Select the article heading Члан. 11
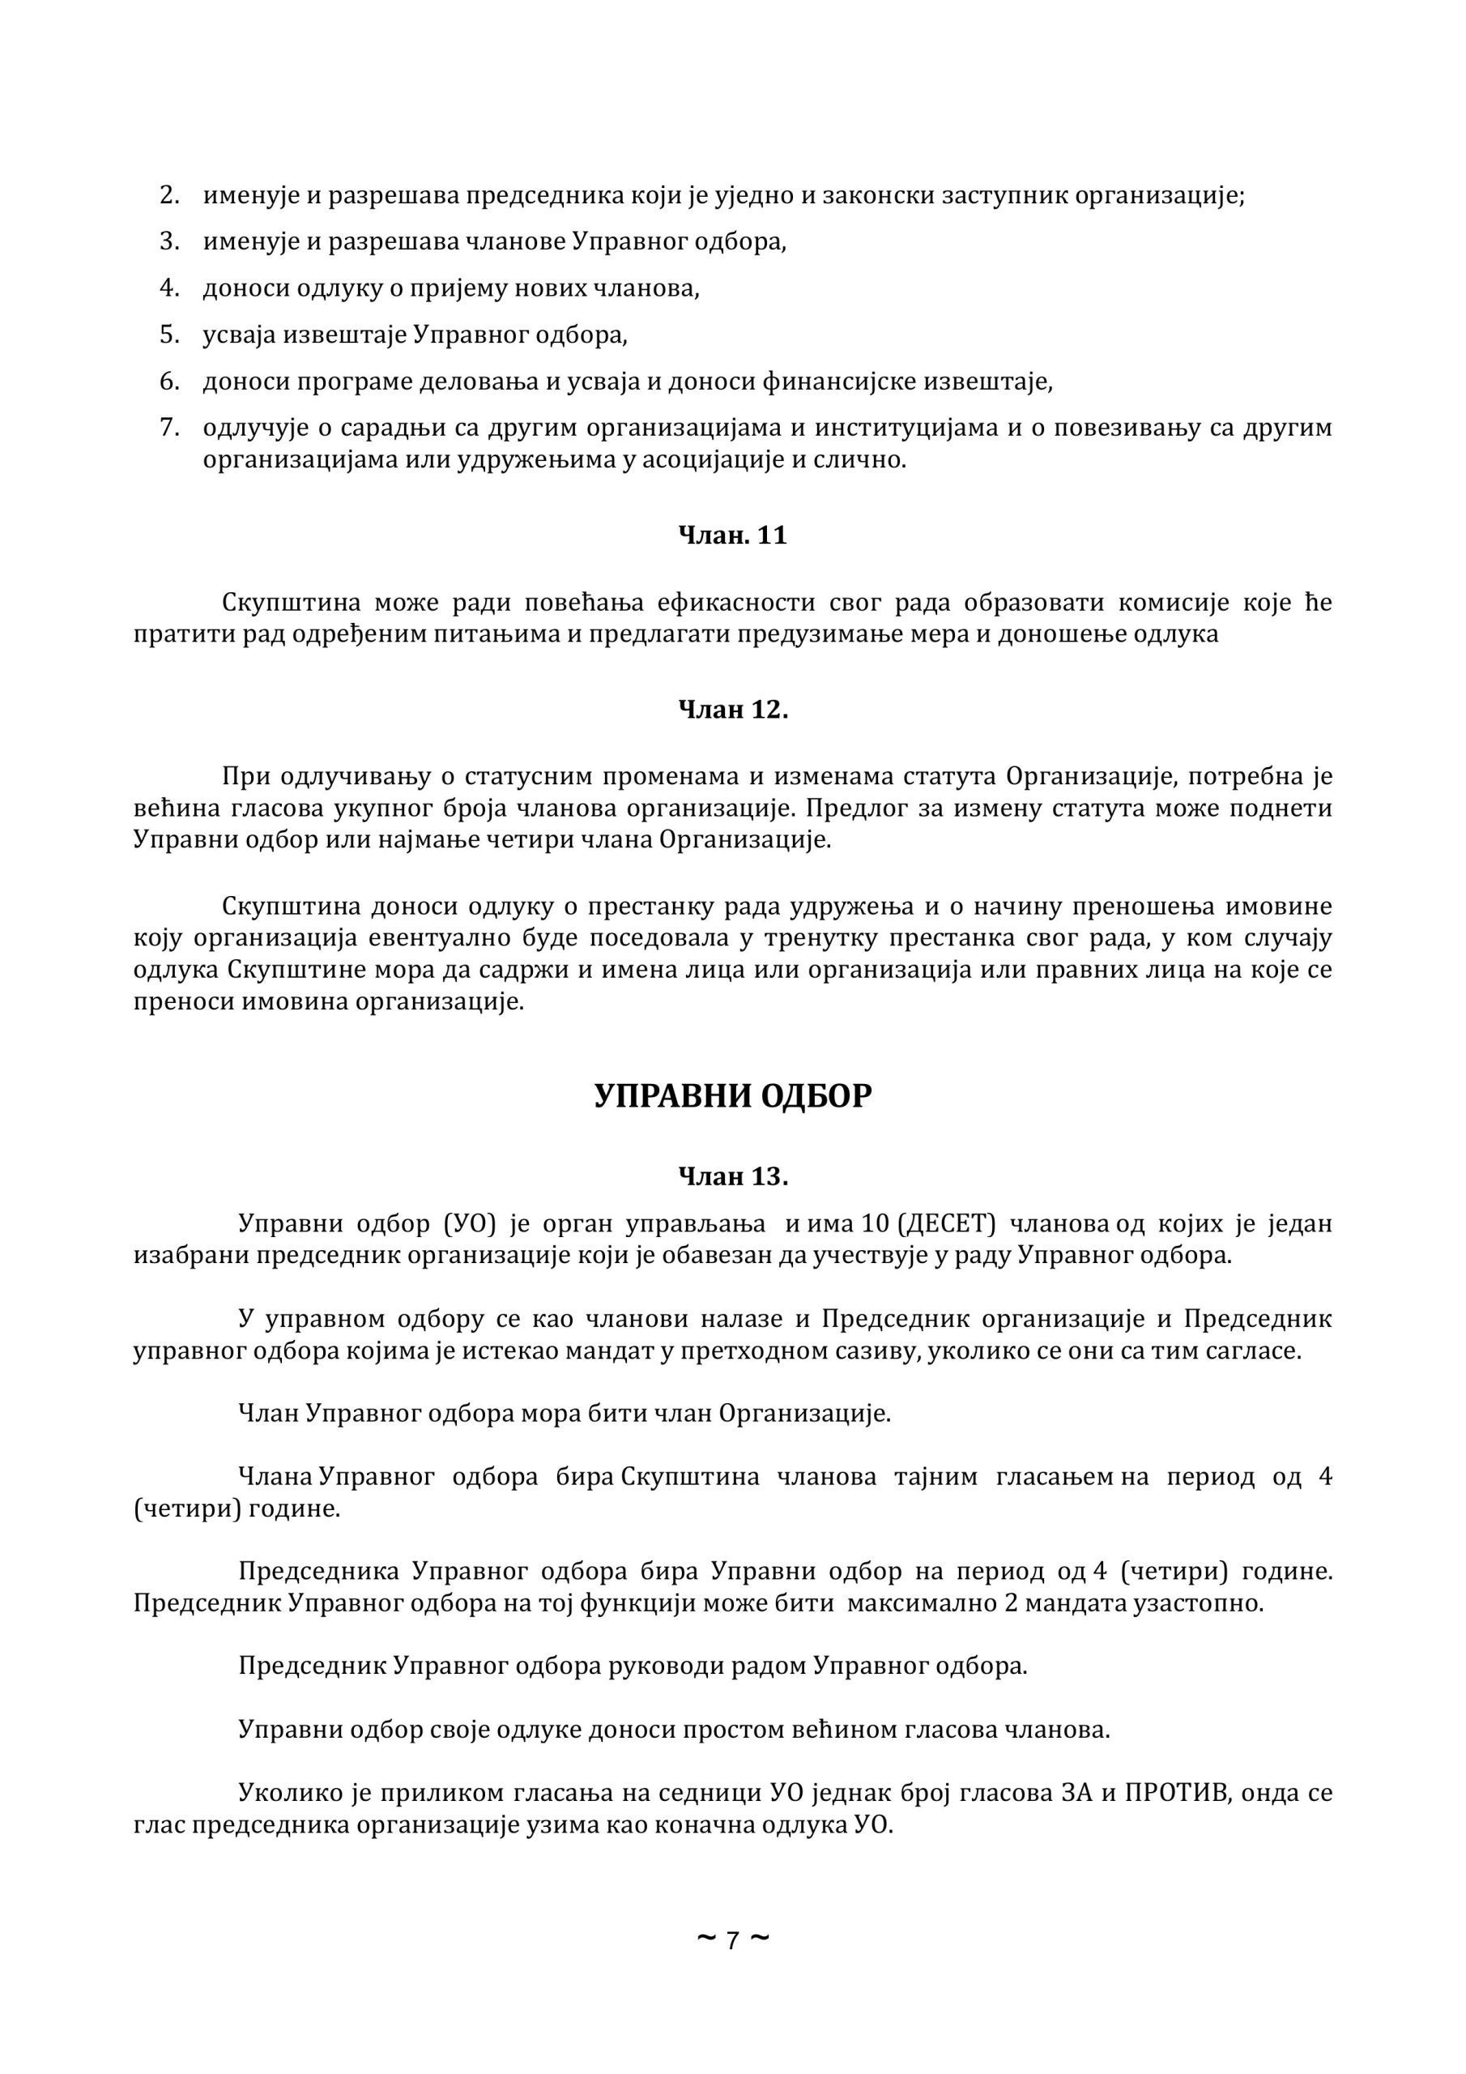[x=732, y=536]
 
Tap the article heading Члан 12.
[x=732, y=710]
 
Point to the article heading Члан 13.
[x=732, y=1177]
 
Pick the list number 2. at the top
[x=170, y=196]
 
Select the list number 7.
[x=170, y=427]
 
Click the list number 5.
[x=170, y=335]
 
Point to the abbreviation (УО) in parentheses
[x=471, y=1225]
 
